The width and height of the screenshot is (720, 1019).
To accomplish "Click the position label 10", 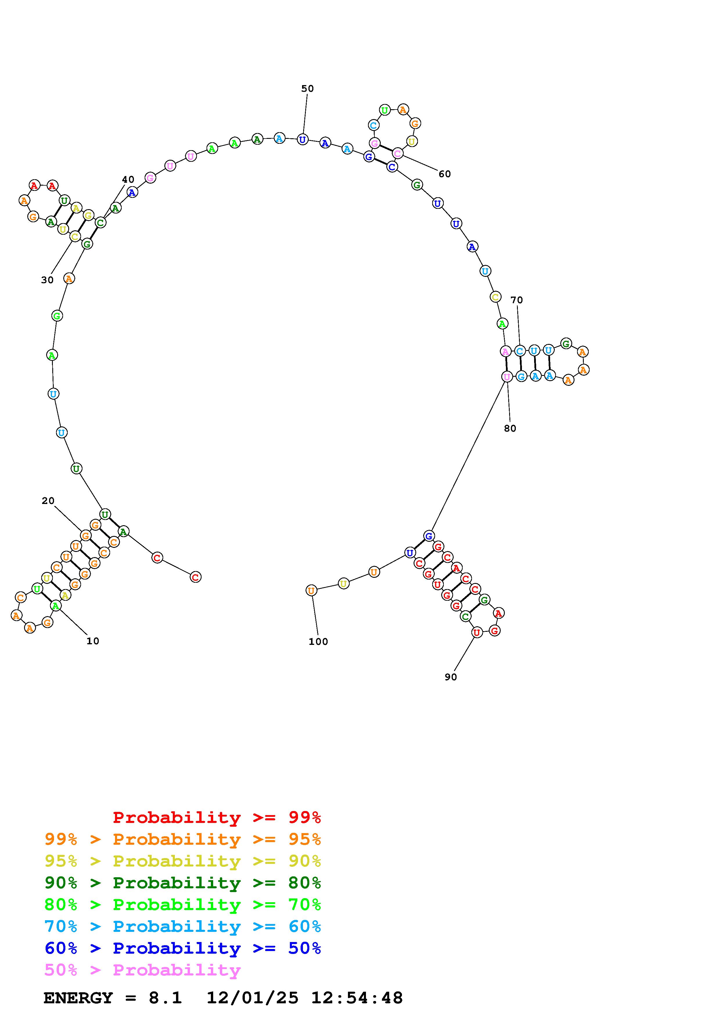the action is (x=93, y=641).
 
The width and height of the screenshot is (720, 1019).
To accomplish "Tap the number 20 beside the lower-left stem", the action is (x=48, y=500).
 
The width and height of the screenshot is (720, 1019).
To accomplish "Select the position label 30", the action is (x=47, y=280).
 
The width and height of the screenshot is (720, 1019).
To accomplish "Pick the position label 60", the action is (x=444, y=174).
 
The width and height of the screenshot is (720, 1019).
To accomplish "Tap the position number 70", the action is (x=516, y=300).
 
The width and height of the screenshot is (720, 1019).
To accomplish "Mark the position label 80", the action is (x=510, y=428).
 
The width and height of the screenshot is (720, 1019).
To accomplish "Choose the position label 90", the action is (x=451, y=677).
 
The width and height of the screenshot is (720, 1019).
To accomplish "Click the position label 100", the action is (x=318, y=641).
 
